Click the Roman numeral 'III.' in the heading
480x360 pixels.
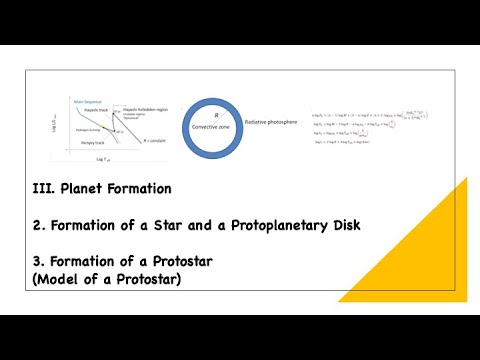point(42,188)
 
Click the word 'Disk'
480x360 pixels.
point(341,225)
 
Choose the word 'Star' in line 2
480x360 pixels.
point(151,225)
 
